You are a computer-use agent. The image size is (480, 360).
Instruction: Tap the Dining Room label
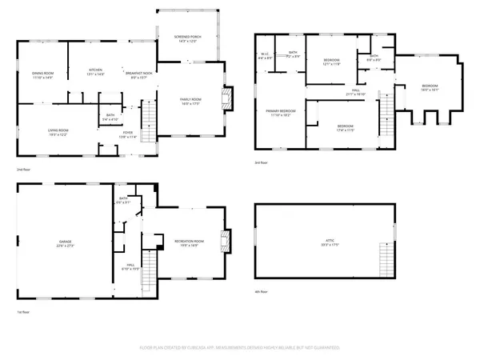coord(42,74)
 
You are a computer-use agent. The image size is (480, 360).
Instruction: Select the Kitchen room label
coord(96,72)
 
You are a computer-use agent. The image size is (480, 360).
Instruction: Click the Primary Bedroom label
coord(281,113)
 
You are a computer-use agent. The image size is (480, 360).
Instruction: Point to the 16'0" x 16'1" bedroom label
coord(430,88)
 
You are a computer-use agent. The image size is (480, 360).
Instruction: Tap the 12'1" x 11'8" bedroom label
coord(333,62)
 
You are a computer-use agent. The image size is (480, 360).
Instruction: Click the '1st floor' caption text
coord(25,312)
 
